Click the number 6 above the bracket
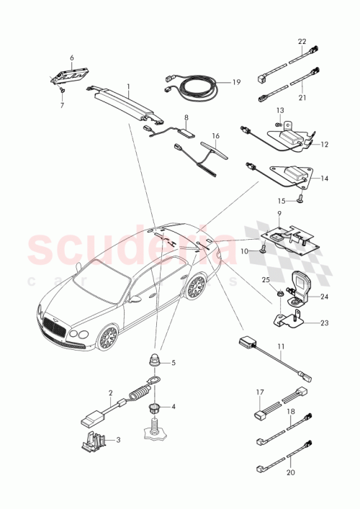[72, 58]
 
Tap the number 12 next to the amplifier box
[325, 144]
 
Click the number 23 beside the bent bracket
[325, 323]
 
